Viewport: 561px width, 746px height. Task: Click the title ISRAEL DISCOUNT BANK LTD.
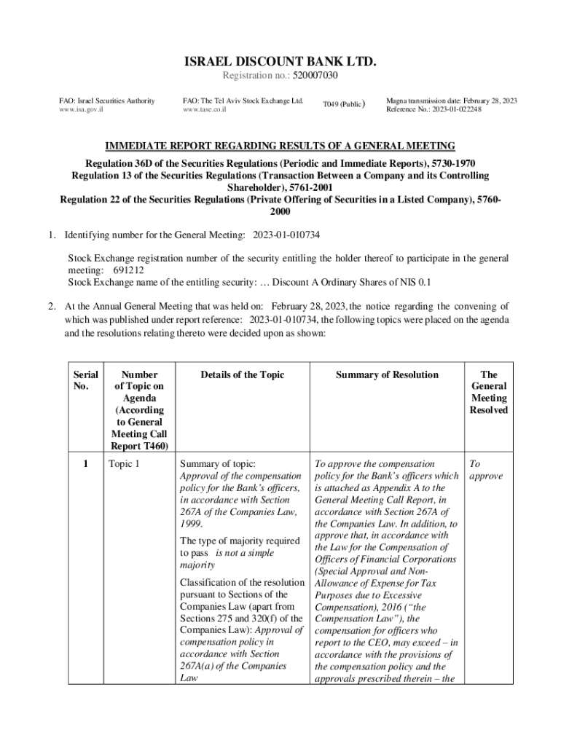(280, 61)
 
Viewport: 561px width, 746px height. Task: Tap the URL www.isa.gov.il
(81, 110)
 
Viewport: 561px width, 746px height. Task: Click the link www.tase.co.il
(205, 110)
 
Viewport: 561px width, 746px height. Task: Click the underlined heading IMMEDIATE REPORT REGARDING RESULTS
(280, 146)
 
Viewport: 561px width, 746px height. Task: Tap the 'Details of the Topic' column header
(241, 374)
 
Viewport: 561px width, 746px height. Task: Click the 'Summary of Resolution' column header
(387, 374)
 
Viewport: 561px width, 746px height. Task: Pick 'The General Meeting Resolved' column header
(489, 392)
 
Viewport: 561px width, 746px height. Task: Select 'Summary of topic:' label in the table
(217, 463)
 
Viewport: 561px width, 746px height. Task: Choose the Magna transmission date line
(451, 101)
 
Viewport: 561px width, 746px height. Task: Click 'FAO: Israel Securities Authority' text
(106, 101)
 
